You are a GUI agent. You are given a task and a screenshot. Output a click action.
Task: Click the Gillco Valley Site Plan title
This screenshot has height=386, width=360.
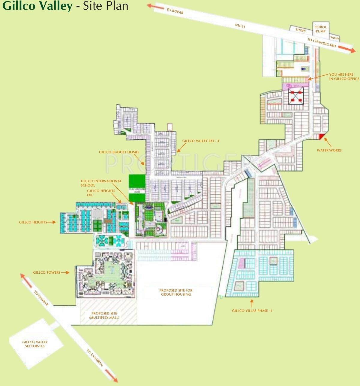pos(65,6)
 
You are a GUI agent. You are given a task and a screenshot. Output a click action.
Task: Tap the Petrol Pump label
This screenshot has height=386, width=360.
pos(320,29)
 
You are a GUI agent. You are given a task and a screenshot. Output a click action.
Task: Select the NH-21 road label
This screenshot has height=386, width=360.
pos(240,26)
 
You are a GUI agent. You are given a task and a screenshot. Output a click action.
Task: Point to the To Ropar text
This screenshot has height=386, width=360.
pos(175,11)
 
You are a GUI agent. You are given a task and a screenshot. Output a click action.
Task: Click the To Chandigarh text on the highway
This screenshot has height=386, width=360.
pos(322,43)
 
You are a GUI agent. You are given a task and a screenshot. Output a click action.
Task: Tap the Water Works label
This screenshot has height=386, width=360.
pos(329,150)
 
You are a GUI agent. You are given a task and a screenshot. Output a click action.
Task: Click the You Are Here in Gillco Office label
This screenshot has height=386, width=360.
pos(344,77)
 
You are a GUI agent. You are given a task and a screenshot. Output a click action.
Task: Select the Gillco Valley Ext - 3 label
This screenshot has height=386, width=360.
pos(200,141)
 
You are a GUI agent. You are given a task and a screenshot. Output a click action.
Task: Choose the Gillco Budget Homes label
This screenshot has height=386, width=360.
pos(119,152)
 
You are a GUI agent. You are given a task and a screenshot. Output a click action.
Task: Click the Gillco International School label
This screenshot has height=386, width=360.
pos(101,183)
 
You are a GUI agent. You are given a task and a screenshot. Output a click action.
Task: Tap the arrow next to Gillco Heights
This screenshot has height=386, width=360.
pos(52,222)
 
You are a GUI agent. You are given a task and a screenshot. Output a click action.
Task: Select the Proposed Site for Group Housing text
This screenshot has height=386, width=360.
pos(176,292)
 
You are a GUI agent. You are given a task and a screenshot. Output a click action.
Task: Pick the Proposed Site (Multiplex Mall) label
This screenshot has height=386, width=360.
pos(104,315)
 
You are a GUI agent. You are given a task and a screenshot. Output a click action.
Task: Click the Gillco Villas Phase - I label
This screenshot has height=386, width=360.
pos(252,311)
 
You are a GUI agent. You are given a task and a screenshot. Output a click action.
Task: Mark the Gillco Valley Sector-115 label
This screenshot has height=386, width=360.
pos(35,344)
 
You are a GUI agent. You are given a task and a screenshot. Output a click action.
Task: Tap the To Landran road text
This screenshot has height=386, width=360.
pos(95,358)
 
